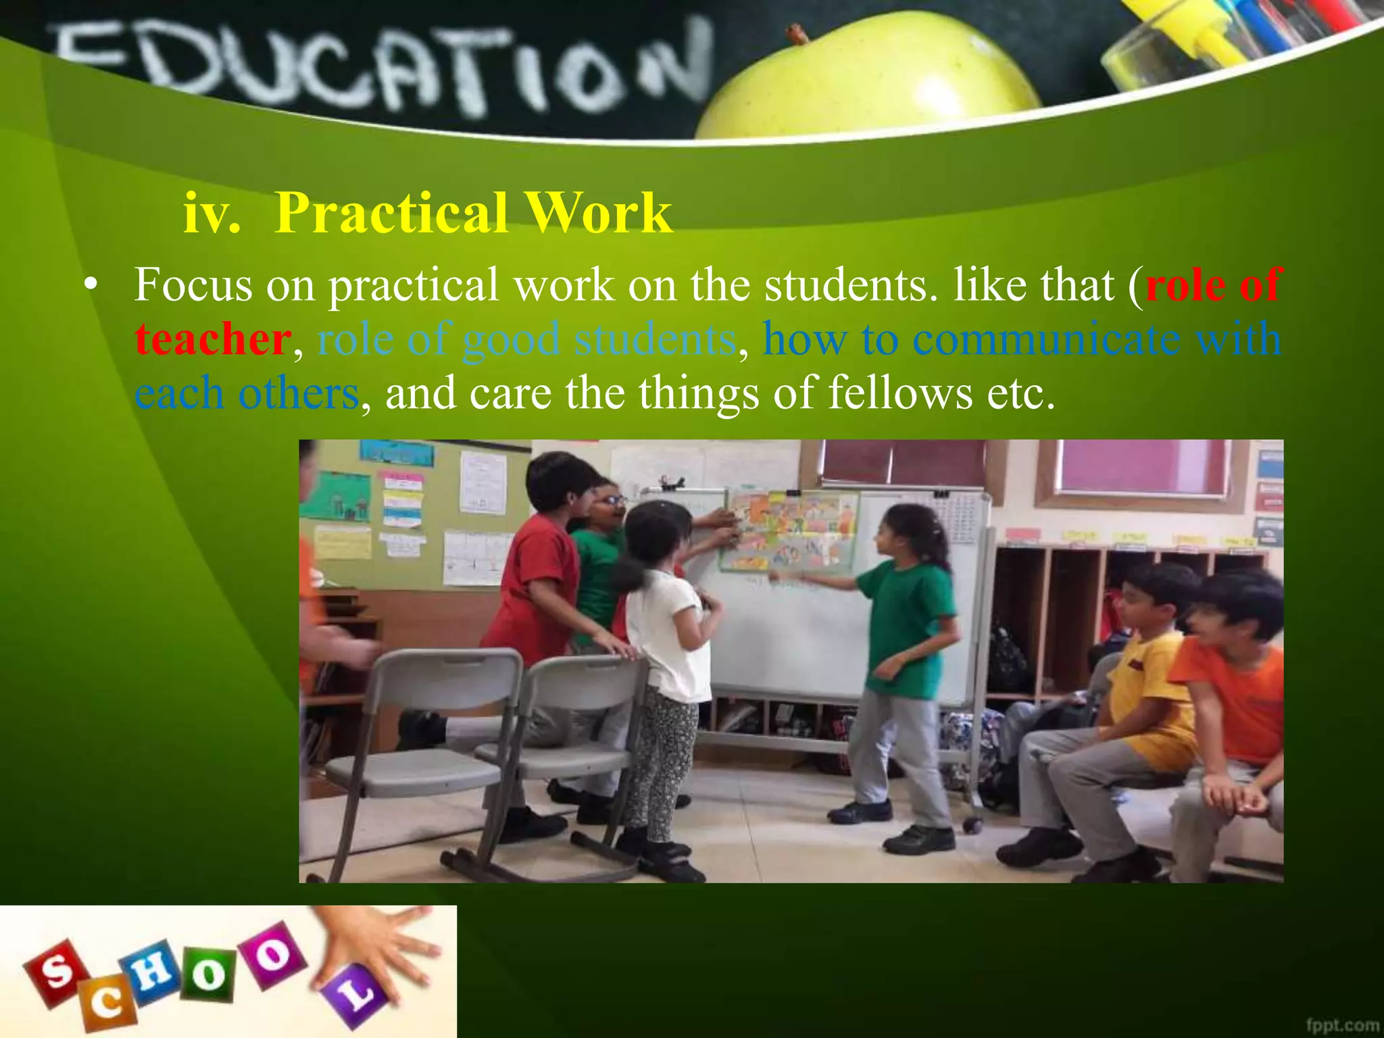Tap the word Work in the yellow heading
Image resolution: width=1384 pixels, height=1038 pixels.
click(598, 213)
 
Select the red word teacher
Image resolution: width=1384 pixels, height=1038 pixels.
click(213, 339)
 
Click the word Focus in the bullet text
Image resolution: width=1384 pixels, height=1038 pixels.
click(193, 285)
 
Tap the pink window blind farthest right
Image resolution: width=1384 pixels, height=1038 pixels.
click(1142, 466)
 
